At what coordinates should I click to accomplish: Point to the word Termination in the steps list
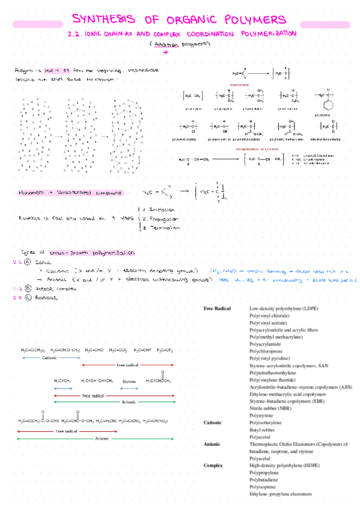coord(163,228)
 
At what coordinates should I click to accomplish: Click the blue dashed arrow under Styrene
coord(129,389)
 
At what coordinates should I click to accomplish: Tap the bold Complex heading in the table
coord(213,465)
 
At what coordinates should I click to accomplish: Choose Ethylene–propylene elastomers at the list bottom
coord(280,494)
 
